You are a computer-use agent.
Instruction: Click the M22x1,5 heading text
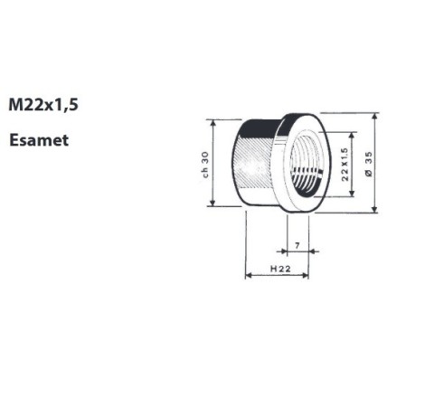(x=43, y=105)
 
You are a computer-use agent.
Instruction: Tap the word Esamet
(x=39, y=140)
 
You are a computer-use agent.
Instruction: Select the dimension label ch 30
(x=205, y=165)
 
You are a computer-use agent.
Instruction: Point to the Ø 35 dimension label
(x=369, y=164)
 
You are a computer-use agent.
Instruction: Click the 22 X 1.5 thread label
(x=345, y=164)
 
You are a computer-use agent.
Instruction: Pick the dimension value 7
(x=297, y=246)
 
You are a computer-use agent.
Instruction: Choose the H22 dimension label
(x=280, y=269)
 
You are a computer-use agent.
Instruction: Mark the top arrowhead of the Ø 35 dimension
(x=374, y=116)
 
